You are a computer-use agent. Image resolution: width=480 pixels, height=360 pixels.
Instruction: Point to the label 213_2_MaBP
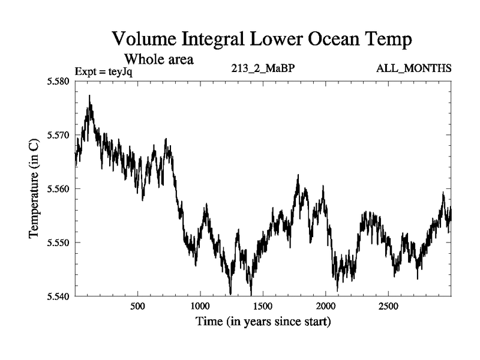(x=263, y=68)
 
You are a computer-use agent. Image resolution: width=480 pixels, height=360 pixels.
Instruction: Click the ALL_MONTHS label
(x=414, y=68)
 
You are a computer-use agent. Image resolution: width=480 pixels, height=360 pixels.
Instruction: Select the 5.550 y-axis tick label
(x=58, y=242)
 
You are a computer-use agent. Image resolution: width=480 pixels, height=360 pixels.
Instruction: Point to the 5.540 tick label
(x=58, y=296)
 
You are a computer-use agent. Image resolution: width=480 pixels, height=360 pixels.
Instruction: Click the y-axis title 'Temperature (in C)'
(x=34, y=188)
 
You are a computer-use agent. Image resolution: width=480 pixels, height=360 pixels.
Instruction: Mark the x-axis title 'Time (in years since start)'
(x=263, y=322)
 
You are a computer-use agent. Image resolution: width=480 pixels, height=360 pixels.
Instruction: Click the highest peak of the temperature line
(x=89, y=96)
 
